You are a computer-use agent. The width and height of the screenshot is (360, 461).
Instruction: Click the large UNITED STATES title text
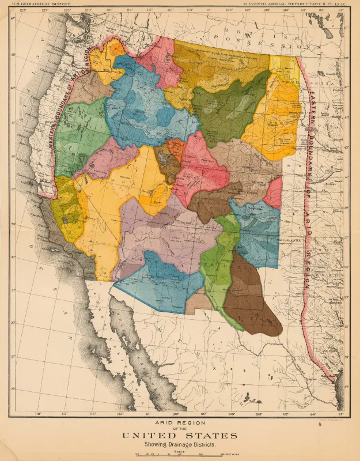[x=180, y=435]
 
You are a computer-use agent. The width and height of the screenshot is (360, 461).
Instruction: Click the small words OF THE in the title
[x=180, y=428]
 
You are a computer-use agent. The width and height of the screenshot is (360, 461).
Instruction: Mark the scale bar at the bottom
[x=180, y=456]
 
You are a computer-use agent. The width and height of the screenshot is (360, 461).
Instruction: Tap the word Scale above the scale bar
[x=180, y=451]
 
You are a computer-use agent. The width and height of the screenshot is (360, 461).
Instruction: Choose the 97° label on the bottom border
[x=341, y=414]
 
